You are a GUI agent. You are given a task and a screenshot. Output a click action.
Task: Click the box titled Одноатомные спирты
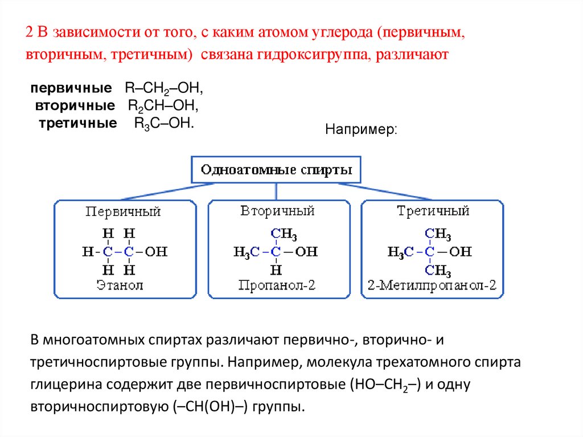276,170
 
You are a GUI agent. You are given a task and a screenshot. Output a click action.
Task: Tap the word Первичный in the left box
123,212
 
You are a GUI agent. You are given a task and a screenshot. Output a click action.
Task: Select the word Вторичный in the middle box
278,211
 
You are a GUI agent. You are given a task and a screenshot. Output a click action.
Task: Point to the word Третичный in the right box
433,211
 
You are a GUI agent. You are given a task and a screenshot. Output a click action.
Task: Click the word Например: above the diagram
361,130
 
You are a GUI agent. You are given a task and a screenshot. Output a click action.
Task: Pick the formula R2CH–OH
163,106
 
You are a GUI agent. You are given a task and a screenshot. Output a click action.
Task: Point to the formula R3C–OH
164,123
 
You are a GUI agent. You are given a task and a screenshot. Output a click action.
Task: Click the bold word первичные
71,89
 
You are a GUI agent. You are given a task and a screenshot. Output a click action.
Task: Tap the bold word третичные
78,123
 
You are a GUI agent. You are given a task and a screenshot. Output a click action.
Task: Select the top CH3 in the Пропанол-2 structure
284,234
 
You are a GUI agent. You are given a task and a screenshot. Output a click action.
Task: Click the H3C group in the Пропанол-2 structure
247,251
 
